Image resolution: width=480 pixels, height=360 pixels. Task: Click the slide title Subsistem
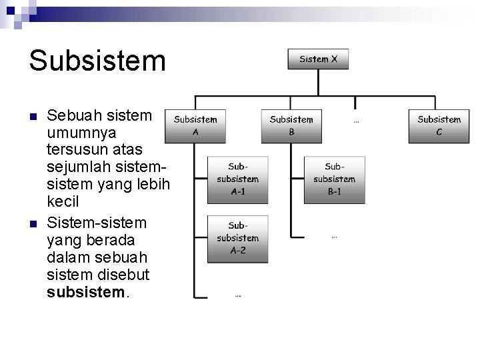pyautogui.click(x=97, y=60)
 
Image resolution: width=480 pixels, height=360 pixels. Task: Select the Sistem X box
pyautogui.click(x=318, y=59)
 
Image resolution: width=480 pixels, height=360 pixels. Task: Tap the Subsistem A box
pyautogui.click(x=195, y=126)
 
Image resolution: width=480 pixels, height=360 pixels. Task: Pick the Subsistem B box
pyautogui.click(x=291, y=126)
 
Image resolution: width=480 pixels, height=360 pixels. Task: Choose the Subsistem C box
pyautogui.click(x=439, y=126)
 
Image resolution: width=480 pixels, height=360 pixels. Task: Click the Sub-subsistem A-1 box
pyautogui.click(x=237, y=179)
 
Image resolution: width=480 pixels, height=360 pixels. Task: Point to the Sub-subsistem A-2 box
pyautogui.click(x=237, y=238)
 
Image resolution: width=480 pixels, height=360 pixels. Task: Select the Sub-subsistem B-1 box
pyautogui.click(x=334, y=179)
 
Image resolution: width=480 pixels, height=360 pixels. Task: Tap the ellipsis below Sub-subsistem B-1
pyautogui.click(x=334, y=236)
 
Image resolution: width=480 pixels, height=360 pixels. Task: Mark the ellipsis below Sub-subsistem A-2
pyautogui.click(x=237, y=295)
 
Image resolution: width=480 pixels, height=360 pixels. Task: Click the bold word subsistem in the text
pyautogui.click(x=85, y=293)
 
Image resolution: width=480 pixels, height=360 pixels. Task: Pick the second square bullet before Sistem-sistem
pyautogui.click(x=33, y=222)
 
